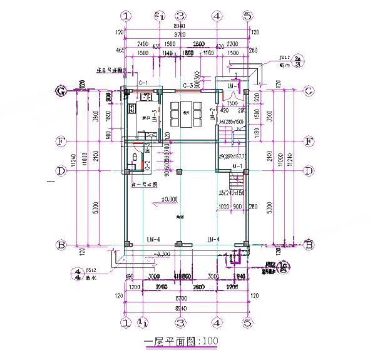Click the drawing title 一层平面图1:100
point(181,342)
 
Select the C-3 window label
point(187,85)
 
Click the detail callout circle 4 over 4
point(77,274)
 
